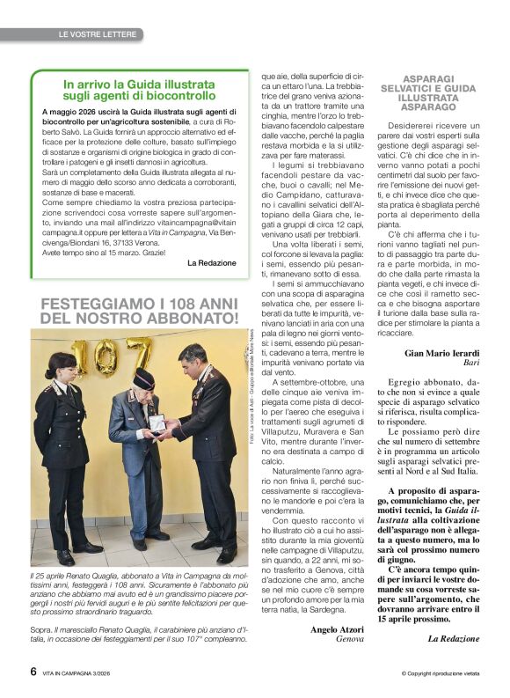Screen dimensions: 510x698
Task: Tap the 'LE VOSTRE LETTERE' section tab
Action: [98, 34]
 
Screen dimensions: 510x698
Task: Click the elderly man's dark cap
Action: [143, 379]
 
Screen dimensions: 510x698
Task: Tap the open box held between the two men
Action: [157, 423]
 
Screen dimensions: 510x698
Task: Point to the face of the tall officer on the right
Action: [192, 358]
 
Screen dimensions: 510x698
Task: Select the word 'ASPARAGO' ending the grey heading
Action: [427, 107]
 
